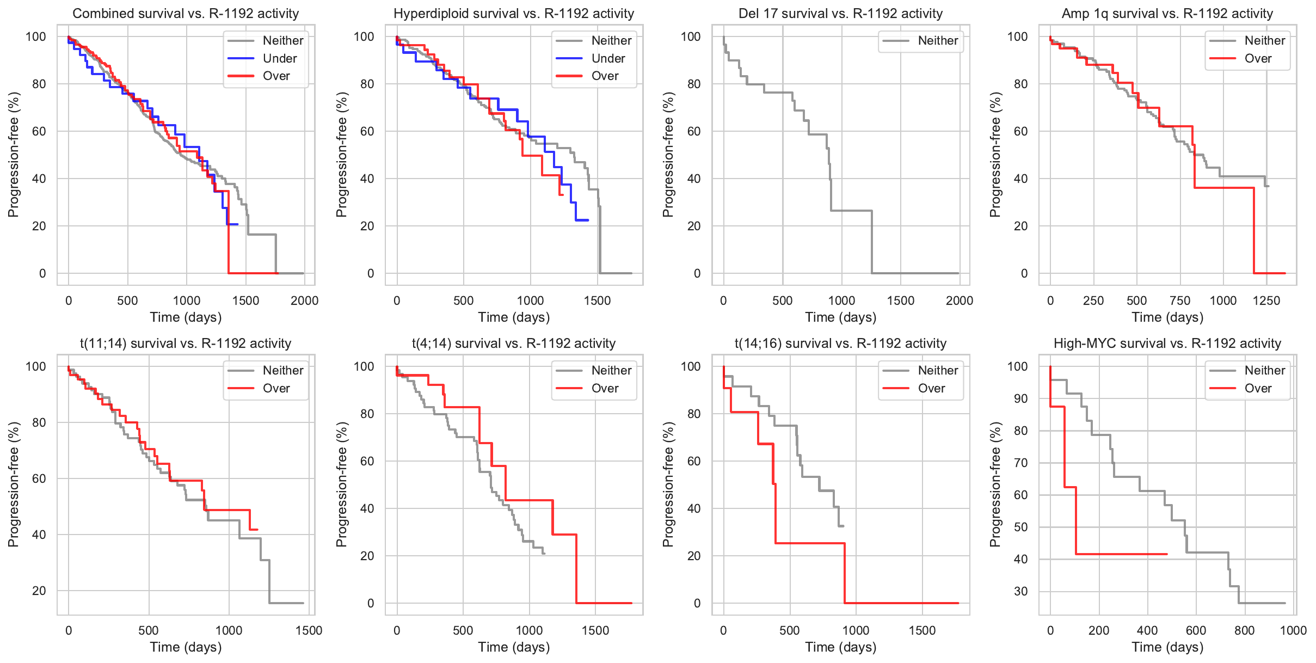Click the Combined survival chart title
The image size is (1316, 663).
coord(186,14)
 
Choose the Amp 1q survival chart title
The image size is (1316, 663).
coord(1167,14)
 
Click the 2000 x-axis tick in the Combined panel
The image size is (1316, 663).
coord(304,300)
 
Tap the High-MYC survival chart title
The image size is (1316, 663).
coord(1167,343)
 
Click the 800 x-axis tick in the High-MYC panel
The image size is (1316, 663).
coord(1244,630)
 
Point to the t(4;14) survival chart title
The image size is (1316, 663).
coord(513,343)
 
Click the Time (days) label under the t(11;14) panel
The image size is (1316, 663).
coord(186,647)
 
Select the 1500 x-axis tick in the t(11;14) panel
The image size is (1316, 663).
coord(309,630)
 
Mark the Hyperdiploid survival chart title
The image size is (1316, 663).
coord(513,14)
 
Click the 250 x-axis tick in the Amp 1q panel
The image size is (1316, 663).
coord(1093,300)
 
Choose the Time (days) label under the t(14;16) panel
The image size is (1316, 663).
coord(840,647)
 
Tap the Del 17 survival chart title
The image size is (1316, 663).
coord(840,14)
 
